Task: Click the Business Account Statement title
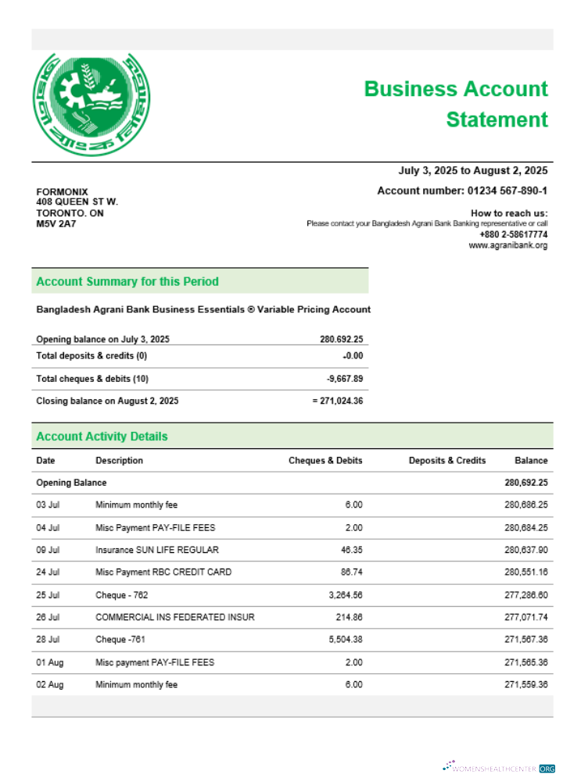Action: tap(456, 104)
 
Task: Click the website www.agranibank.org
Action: tap(507, 245)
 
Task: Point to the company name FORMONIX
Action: tap(63, 192)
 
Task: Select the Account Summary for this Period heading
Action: tap(127, 281)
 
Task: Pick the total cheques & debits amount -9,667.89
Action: tap(344, 379)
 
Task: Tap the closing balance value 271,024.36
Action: tap(337, 401)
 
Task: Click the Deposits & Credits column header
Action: tap(446, 461)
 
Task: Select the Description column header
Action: tap(119, 461)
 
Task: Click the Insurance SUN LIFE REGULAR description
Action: tap(157, 550)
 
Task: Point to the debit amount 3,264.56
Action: tap(343, 595)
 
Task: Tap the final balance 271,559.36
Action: tap(525, 685)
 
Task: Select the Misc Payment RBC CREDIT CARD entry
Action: tap(163, 572)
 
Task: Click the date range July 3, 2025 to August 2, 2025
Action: tap(473, 171)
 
